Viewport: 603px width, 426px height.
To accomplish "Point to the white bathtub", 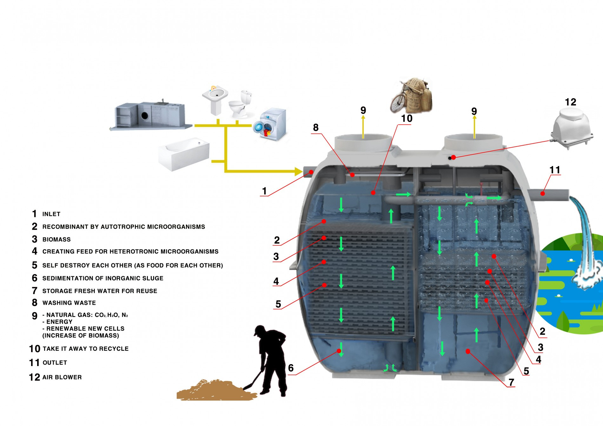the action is pyautogui.click(x=184, y=154).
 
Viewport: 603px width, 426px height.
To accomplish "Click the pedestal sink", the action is pyautogui.click(x=215, y=100).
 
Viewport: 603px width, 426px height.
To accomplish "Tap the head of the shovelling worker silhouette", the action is pyautogui.click(x=260, y=331).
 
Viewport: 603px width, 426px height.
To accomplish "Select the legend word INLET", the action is pyautogui.click(x=51, y=214).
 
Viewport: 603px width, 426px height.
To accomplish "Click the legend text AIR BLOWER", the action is pyautogui.click(x=62, y=377).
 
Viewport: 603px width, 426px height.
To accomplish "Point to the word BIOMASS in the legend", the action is pyautogui.click(x=56, y=239).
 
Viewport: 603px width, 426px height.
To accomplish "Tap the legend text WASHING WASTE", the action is pyautogui.click(x=69, y=303).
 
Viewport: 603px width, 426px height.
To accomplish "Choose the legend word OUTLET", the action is pyautogui.click(x=55, y=363).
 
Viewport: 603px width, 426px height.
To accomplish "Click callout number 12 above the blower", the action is pyautogui.click(x=571, y=102).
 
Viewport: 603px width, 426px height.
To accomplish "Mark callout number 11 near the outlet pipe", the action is pyautogui.click(x=555, y=170).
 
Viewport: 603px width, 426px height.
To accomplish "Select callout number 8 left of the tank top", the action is pyautogui.click(x=316, y=128).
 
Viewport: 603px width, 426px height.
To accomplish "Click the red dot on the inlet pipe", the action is pyautogui.click(x=311, y=172).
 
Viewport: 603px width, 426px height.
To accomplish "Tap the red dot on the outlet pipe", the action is pyautogui.click(x=543, y=193).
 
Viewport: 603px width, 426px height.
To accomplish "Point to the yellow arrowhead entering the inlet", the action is pyautogui.click(x=298, y=172).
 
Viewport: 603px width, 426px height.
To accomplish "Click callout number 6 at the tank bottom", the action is pyautogui.click(x=291, y=368).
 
